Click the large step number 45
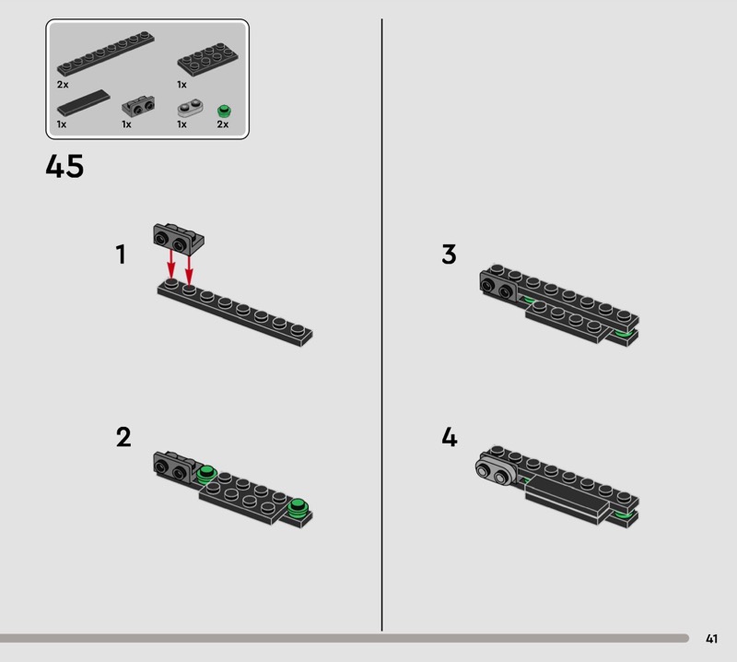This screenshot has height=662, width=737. point(64,166)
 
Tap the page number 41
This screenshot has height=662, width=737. point(711,638)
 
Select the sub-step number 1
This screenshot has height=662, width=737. point(121,254)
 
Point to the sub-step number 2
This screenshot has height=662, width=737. point(123,437)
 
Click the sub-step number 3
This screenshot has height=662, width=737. point(449,254)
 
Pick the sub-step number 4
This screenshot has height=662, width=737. point(450,437)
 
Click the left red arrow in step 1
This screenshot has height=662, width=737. point(171,265)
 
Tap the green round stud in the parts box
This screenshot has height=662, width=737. point(224,111)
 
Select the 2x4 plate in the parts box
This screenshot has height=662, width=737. point(208,59)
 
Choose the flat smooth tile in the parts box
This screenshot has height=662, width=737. point(83,102)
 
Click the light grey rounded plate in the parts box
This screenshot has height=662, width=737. point(191,108)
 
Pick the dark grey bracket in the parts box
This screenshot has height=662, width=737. point(138,106)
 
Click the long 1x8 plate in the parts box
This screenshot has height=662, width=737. point(106,53)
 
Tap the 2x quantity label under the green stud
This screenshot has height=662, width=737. point(223,124)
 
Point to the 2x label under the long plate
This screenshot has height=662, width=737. point(63,85)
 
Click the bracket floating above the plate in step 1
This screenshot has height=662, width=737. point(179,239)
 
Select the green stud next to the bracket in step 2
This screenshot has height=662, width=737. point(206,474)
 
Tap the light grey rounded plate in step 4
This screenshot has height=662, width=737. point(496,472)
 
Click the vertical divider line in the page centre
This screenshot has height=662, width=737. point(381,325)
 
